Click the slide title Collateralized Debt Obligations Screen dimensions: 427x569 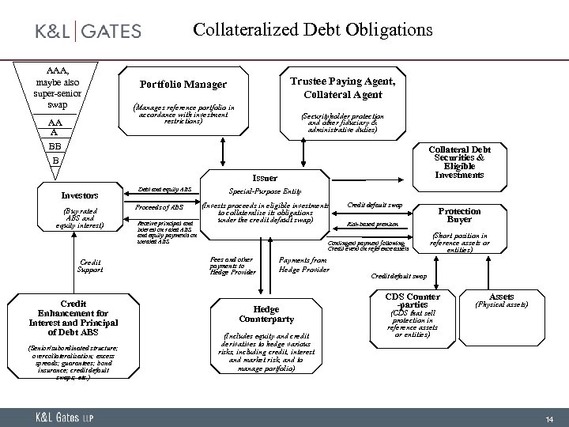tap(313, 30)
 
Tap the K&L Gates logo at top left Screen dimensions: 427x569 tap(89, 31)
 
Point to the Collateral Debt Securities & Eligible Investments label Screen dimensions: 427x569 tap(459, 161)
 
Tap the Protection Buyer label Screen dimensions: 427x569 tap(459, 216)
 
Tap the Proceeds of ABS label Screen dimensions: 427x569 tap(166, 207)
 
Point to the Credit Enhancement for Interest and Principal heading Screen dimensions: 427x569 tap(72, 317)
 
